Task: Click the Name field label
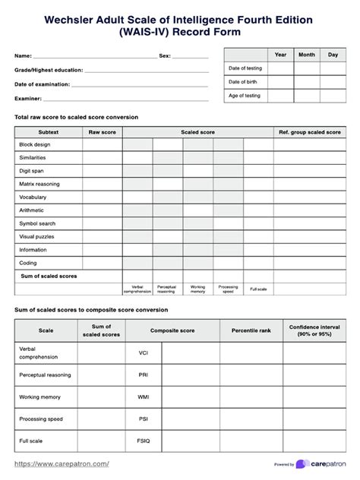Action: pyautogui.click(x=23, y=56)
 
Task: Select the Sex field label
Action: pyautogui.click(x=165, y=56)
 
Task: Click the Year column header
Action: pyautogui.click(x=280, y=55)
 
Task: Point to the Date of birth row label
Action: pyautogui.click(x=243, y=82)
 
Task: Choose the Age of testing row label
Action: pyautogui.click(x=245, y=96)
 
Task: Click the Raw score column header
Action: pyautogui.click(x=103, y=132)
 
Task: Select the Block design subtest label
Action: pyautogui.click(x=34, y=144)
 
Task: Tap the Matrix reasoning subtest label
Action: pyautogui.click(x=39, y=184)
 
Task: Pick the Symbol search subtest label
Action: pyautogui.click(x=36, y=223)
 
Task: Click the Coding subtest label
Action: pyautogui.click(x=28, y=263)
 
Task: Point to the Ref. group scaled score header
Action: pyautogui.click(x=309, y=132)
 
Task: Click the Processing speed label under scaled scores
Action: pyautogui.click(x=228, y=289)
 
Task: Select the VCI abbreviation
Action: pyautogui.click(x=144, y=353)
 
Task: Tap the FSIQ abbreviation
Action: pyautogui.click(x=144, y=441)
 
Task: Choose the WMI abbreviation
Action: pyautogui.click(x=144, y=396)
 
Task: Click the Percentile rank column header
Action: pyautogui.click(x=251, y=330)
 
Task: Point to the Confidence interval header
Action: pyautogui.click(x=314, y=330)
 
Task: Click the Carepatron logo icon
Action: pyautogui.click(x=303, y=464)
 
